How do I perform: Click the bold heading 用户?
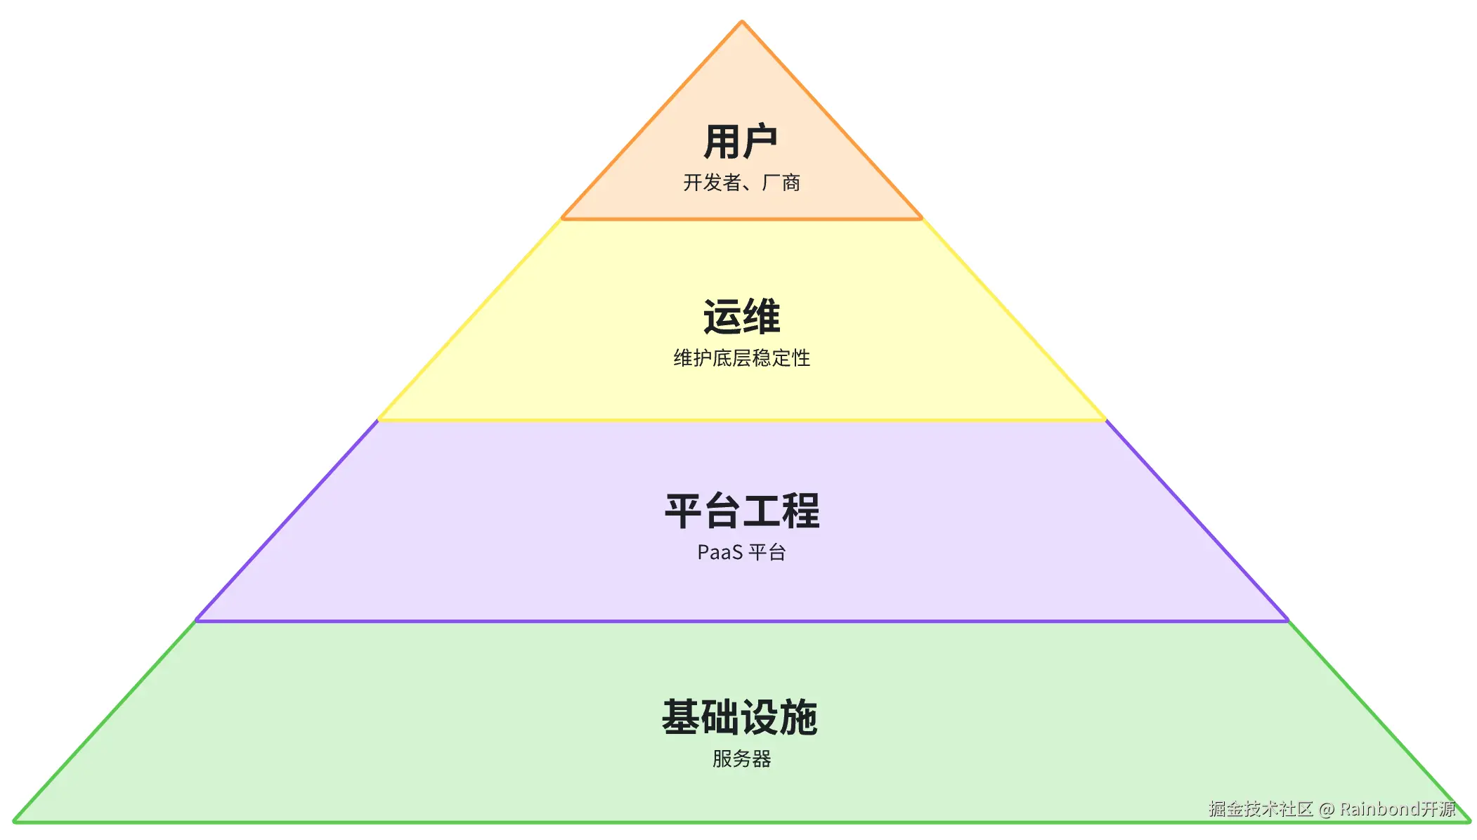pos(741,142)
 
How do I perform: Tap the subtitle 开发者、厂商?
pos(741,183)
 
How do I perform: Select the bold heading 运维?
pos(741,317)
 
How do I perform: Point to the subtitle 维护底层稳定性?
pos(741,358)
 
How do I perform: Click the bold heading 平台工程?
pos(741,511)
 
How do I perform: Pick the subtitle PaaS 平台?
pos(741,552)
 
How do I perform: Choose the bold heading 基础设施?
pos(740,717)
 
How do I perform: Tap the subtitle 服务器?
pos(741,759)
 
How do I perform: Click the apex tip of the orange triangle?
pos(741,22)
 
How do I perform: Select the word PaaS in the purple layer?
pos(720,553)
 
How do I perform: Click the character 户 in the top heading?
pos(760,142)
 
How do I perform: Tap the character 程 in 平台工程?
pos(800,511)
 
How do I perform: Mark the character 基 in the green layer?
pos(682,717)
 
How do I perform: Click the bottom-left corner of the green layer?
pos(15,821)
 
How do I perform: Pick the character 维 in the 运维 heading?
pos(761,317)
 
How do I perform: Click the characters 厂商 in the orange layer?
pos(781,183)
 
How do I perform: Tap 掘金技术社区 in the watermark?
pos(1261,809)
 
